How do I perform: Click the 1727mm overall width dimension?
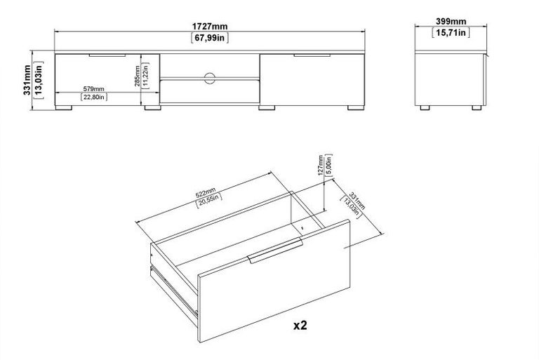210,26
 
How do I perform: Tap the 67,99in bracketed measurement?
210,37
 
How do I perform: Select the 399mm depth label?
451,21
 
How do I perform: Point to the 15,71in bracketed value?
451,32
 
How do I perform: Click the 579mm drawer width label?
93,88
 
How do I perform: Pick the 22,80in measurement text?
94,97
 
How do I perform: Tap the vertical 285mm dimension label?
137,76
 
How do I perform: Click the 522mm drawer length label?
205,192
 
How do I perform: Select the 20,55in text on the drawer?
208,201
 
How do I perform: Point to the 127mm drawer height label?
321,165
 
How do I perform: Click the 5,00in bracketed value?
328,165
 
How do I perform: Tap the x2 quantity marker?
300,325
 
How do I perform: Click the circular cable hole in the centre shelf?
210,78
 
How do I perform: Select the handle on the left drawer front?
107,55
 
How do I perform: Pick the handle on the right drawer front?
312,55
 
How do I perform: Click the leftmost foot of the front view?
64,108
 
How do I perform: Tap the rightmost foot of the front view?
356,108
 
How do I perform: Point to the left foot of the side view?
425,108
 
